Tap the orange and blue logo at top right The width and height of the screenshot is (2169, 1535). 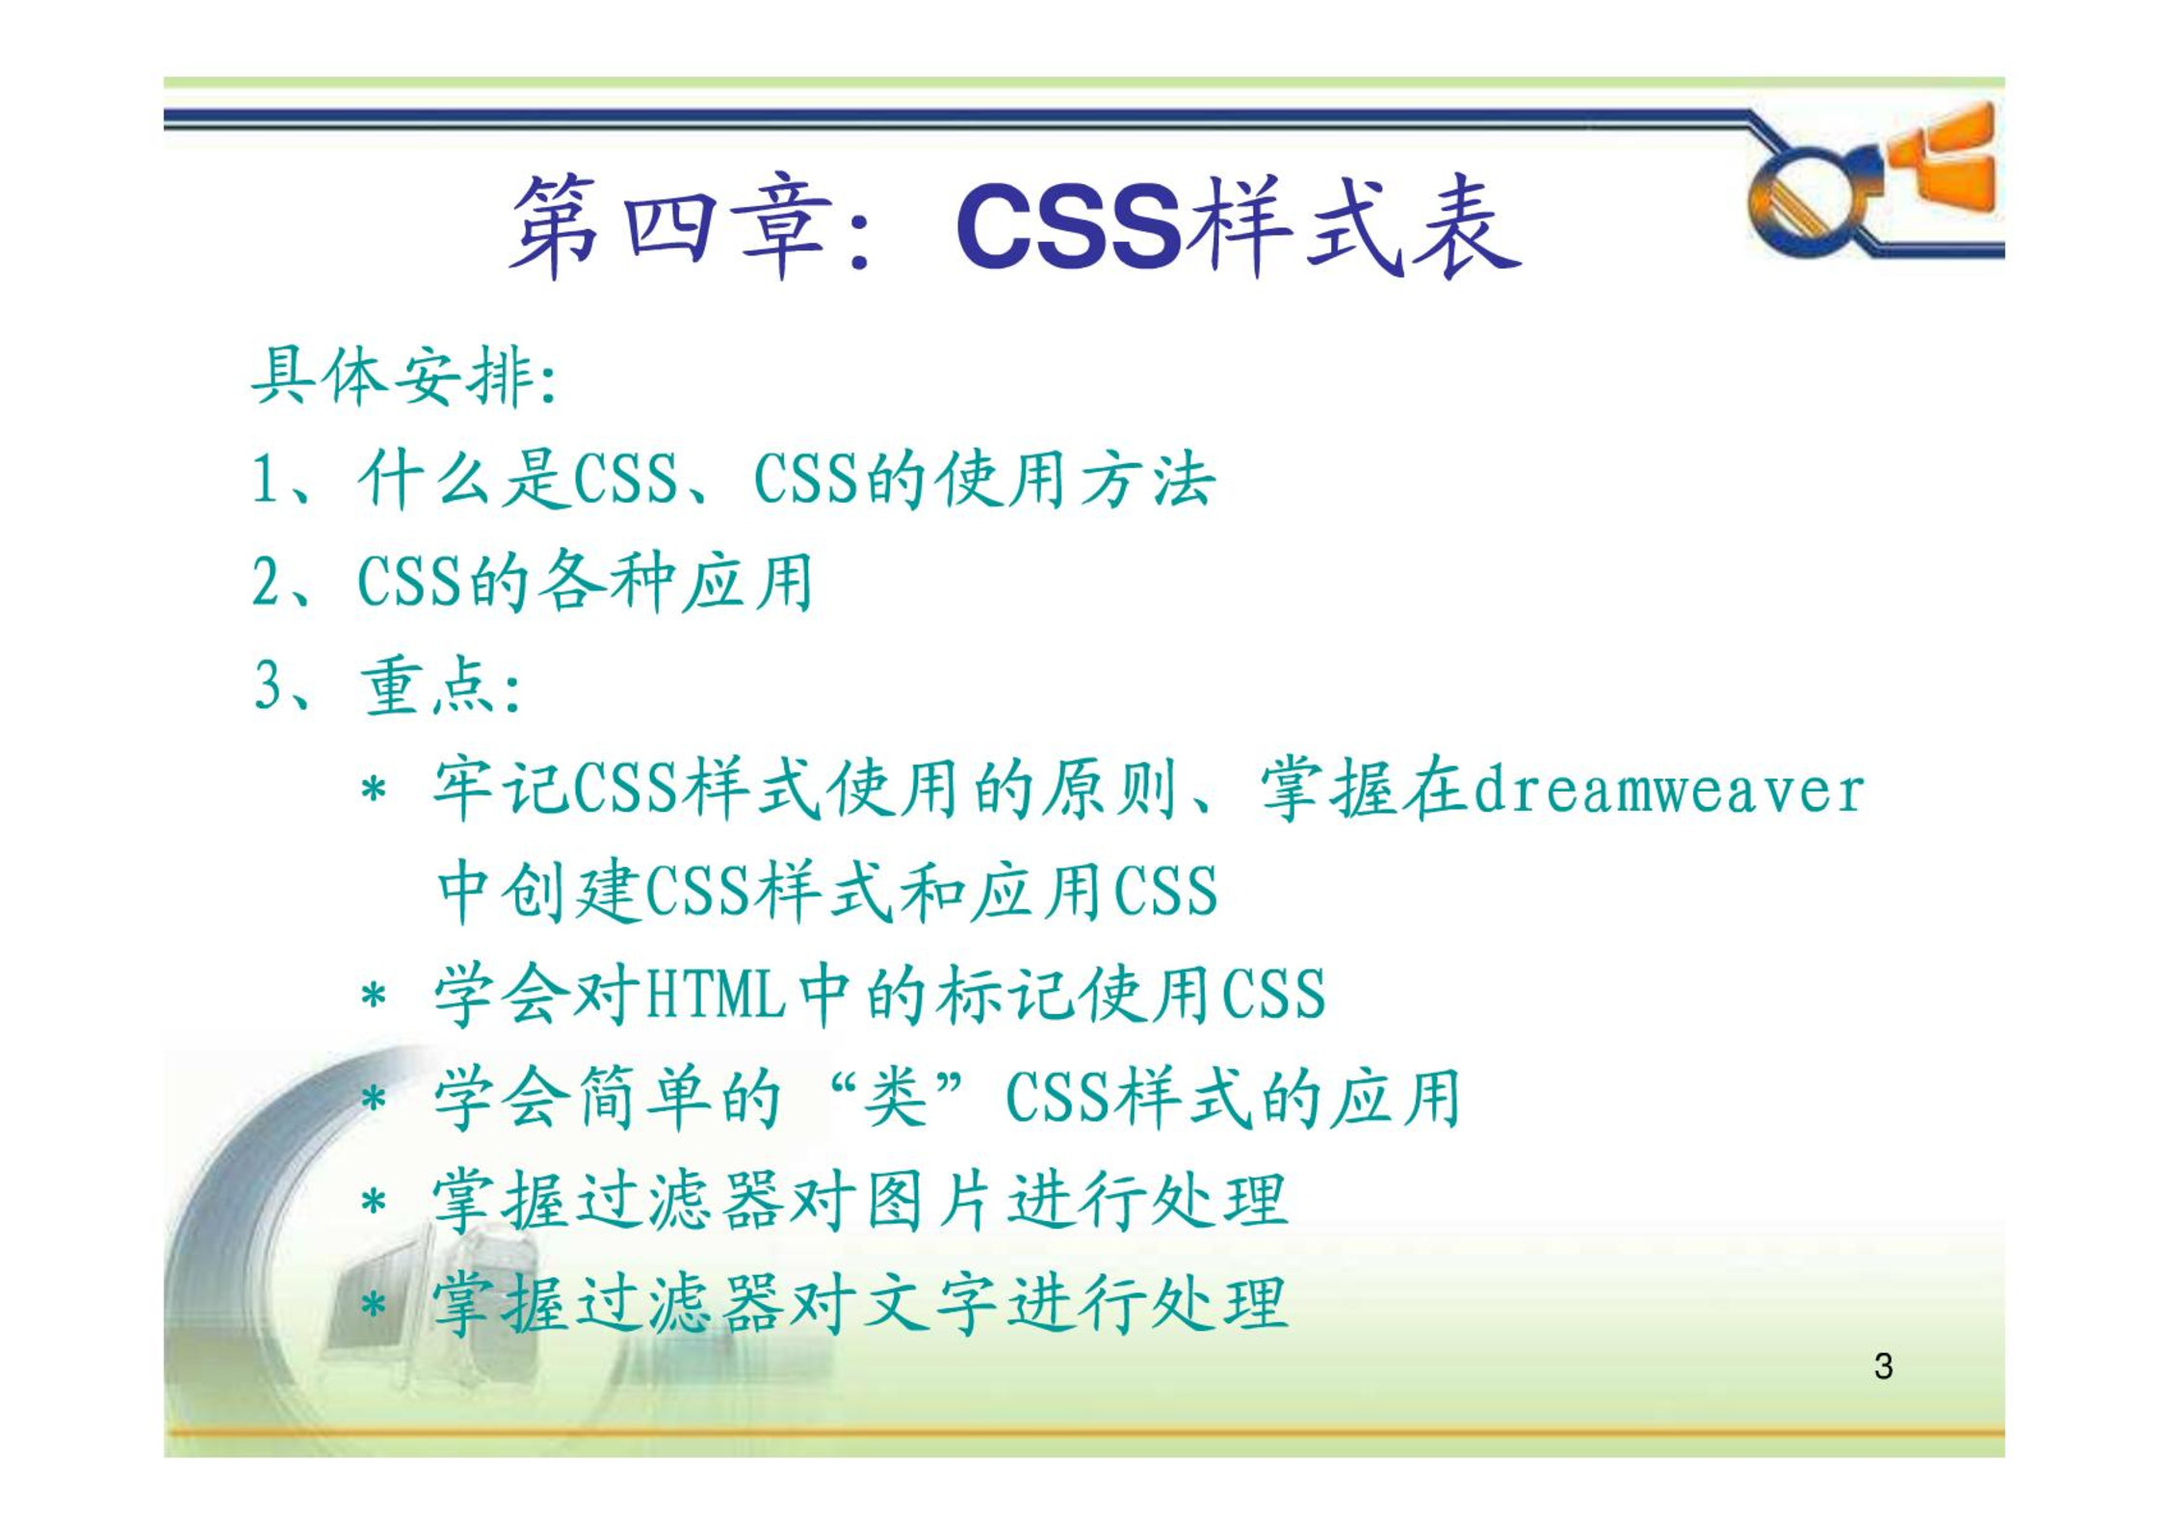point(1873,180)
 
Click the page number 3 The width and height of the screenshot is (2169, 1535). point(1884,1366)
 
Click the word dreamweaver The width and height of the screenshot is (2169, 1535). point(1667,791)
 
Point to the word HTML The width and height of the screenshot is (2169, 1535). point(715,994)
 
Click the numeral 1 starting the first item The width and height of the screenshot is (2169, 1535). point(264,479)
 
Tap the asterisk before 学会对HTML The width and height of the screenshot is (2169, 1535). point(374,995)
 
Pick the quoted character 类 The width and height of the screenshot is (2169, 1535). point(895,1097)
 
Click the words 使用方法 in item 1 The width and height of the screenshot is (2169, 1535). point(1075,479)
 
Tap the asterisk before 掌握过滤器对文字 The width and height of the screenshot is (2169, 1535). point(374,1305)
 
